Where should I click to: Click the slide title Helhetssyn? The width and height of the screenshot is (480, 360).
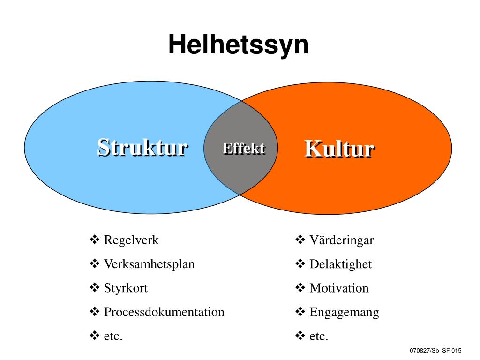pos(239,45)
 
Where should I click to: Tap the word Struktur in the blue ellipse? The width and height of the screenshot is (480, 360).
pos(142,147)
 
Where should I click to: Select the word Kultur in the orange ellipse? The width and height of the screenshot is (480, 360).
pos(339,149)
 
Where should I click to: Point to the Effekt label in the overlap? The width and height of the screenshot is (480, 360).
pos(243,148)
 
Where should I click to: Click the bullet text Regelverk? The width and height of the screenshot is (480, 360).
pos(131,240)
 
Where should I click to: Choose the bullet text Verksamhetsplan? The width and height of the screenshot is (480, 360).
pos(149,264)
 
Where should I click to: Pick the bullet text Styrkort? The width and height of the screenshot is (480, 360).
pos(126,288)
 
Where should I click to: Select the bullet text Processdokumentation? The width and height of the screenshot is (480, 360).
pos(164,312)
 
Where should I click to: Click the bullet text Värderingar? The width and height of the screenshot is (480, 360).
pos(342,240)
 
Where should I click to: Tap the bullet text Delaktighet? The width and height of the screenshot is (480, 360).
pos(340,264)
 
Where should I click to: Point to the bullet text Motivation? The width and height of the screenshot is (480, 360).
pos(339,288)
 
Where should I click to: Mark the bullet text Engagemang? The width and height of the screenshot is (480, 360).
pos(344,312)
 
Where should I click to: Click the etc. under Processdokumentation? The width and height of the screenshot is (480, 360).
pos(113,336)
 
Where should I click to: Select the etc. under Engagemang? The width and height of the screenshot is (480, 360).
pos(319,336)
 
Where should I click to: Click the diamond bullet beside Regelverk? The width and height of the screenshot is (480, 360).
pos(94,240)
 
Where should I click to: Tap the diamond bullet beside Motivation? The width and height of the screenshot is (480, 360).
pos(300,288)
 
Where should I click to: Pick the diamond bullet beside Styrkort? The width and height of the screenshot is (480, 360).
pos(94,288)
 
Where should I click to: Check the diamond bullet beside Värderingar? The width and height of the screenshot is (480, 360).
pos(300,240)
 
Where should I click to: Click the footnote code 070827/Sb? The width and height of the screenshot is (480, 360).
pos(424,351)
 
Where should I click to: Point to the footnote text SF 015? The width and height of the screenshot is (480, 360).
pos(452,351)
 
